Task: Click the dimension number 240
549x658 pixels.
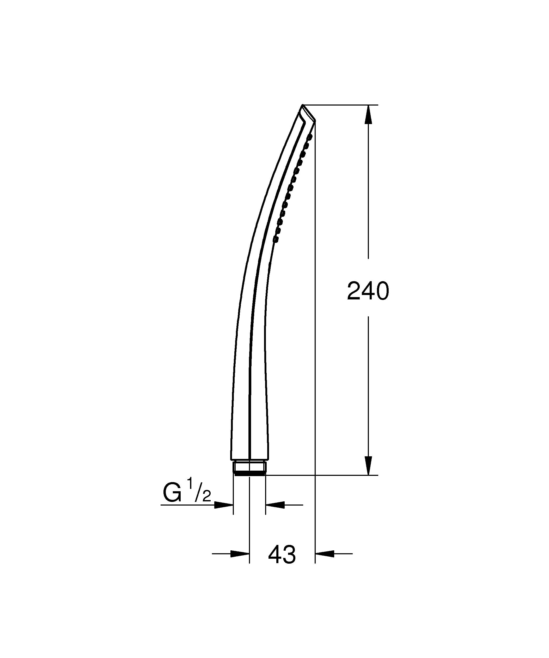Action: pos(368,291)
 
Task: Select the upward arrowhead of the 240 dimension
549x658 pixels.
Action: pos(368,115)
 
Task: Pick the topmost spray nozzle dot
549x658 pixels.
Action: pos(310,137)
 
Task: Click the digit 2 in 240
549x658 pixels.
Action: pos(354,291)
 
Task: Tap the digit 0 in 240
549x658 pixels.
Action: pos(382,291)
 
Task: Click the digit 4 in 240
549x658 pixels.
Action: pos(368,291)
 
